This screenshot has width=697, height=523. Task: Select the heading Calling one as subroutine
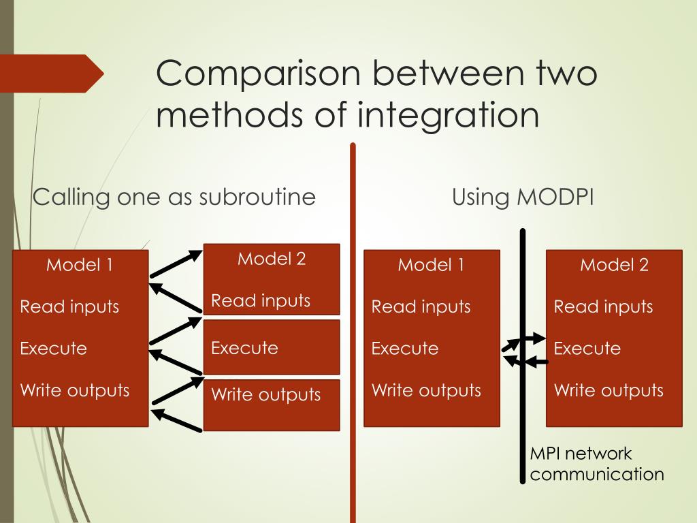click(x=174, y=197)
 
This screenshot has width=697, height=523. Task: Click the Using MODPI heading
click(x=523, y=197)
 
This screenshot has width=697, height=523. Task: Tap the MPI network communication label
click(x=596, y=464)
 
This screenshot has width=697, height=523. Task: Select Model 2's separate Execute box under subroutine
click(x=272, y=348)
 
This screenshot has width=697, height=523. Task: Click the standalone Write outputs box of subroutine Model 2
click(x=272, y=405)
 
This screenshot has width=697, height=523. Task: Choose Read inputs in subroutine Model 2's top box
click(x=261, y=300)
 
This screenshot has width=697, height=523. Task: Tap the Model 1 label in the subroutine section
click(x=80, y=265)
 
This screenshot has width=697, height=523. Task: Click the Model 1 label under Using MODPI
click(x=431, y=265)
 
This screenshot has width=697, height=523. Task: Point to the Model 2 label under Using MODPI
click(x=614, y=265)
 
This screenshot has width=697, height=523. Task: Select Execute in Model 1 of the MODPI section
click(x=405, y=349)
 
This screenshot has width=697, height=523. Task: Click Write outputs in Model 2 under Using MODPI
click(x=609, y=390)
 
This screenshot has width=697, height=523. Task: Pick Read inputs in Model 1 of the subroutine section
click(x=69, y=306)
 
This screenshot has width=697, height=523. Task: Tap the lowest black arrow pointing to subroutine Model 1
click(x=176, y=420)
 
